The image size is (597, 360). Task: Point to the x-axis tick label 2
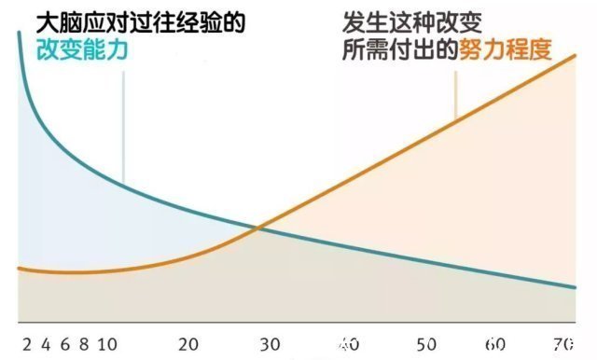point(26,343)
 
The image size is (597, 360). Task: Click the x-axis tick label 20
point(189,343)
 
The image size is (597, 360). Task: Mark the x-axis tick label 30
point(270,343)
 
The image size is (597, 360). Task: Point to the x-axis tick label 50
point(428,343)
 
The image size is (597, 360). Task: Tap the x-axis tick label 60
point(497,343)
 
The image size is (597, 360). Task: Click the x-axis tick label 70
point(563,343)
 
